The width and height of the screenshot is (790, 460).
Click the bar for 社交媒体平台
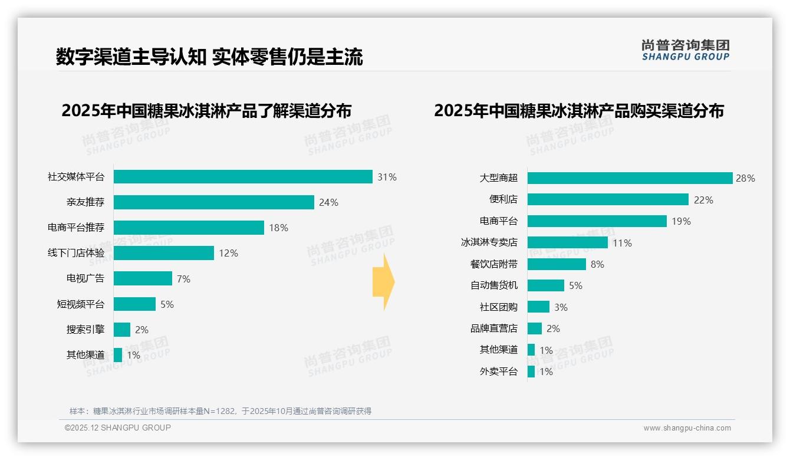[x=243, y=177]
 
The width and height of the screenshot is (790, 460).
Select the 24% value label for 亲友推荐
[x=328, y=203]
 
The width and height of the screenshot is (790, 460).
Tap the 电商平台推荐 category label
[x=76, y=228]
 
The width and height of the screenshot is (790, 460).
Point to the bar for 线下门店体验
[x=164, y=253]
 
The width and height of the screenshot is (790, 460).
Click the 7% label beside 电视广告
[x=183, y=279]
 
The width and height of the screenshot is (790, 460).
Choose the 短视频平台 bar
[x=134, y=304]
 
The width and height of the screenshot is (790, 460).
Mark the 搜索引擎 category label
[x=85, y=330]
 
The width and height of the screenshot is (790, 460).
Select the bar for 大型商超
[x=630, y=178]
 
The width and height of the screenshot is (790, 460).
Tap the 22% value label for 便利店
[x=703, y=200]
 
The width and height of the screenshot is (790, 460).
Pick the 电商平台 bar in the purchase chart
[x=597, y=221]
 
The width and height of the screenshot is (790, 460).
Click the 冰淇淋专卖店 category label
[x=489, y=242]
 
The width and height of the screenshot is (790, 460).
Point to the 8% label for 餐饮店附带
[x=597, y=264]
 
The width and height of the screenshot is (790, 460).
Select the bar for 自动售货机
[x=545, y=285]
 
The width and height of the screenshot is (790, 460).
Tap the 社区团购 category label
[x=498, y=307]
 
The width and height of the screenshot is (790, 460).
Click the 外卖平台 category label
[x=498, y=372]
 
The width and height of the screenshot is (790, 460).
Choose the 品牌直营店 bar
[x=534, y=328]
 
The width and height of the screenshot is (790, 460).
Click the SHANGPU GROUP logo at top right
[x=685, y=50]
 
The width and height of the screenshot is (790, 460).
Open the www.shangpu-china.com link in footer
[x=687, y=428]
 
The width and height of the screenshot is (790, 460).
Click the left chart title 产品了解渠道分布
[x=206, y=111]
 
